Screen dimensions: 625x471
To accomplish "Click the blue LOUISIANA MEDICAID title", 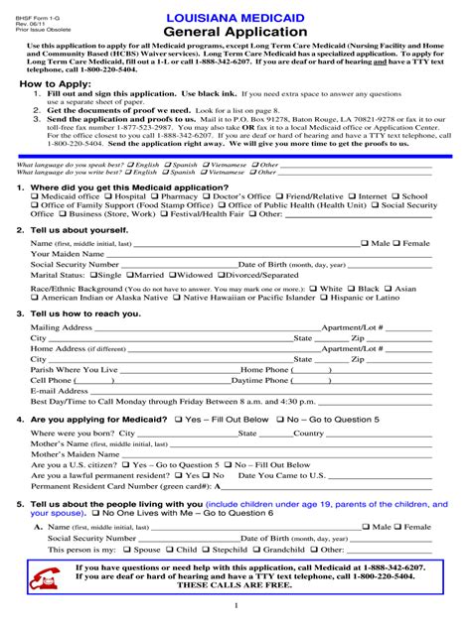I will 235,17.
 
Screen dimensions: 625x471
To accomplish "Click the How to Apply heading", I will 51,86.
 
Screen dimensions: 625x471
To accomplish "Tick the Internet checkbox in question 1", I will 354,196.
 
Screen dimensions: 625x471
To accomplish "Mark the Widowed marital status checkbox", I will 173,275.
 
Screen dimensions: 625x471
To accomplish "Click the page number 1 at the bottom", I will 235,605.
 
